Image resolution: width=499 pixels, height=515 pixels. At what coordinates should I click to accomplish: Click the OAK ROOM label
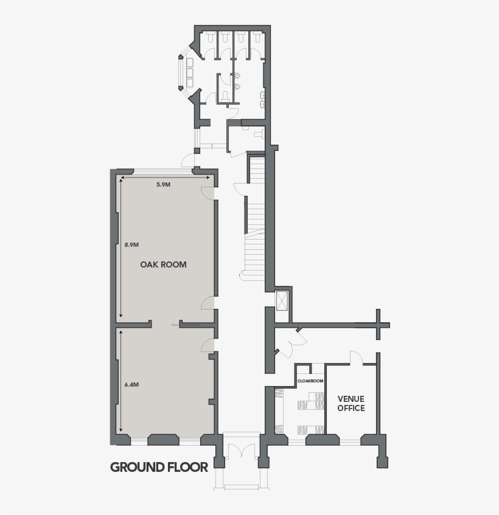point(163,264)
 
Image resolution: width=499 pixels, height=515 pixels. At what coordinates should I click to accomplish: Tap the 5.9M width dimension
point(162,184)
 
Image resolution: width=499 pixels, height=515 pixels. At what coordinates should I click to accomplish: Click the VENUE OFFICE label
point(351,403)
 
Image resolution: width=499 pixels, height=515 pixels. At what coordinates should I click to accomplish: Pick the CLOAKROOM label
point(310,381)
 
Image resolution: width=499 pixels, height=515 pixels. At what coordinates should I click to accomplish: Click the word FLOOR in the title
point(187,467)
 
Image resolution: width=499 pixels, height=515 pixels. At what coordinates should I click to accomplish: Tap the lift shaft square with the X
point(283,301)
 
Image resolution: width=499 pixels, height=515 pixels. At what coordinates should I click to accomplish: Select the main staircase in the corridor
point(256,231)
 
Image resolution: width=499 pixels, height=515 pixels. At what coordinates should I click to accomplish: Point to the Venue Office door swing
point(357,358)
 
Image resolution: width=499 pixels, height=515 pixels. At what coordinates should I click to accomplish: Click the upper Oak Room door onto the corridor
point(208,192)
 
